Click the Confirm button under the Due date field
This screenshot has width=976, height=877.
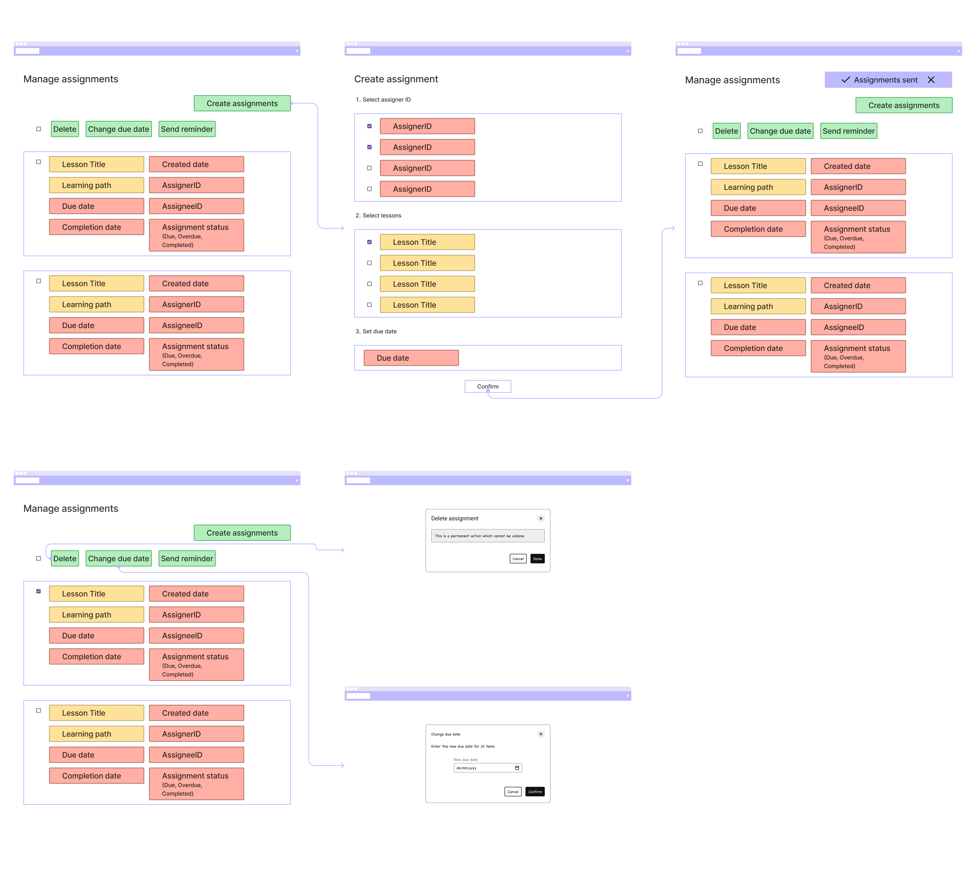488,386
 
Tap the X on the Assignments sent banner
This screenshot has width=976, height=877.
931,80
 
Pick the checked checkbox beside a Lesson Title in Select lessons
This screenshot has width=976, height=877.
369,242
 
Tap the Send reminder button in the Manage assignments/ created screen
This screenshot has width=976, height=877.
848,131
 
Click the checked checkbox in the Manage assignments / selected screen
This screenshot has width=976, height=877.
39,591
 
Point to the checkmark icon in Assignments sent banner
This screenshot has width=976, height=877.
845,80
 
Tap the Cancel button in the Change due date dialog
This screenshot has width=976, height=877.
513,792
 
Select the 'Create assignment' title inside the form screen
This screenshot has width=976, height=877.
396,79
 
